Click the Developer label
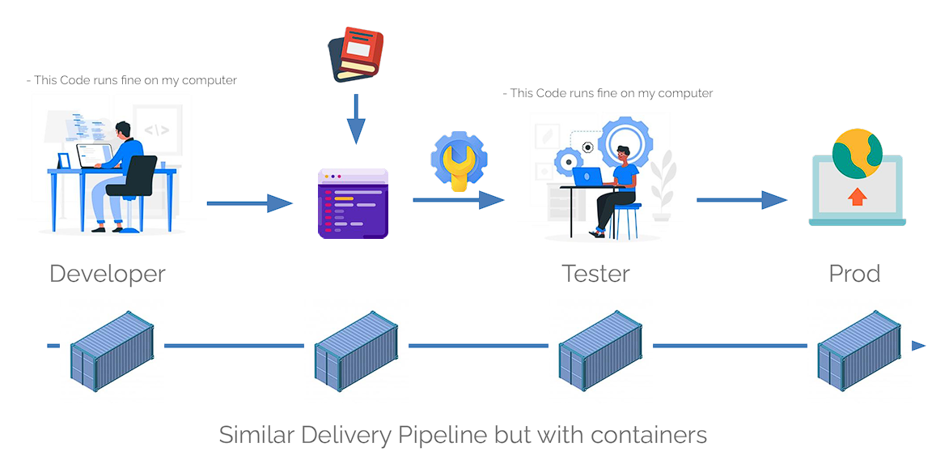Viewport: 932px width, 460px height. pos(108,274)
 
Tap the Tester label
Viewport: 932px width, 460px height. pos(595,274)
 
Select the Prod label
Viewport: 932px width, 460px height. pos(854,274)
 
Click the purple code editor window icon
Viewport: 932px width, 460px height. pos(353,204)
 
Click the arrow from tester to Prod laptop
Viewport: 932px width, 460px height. pos(741,200)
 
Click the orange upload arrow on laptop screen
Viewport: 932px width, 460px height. pos(857,196)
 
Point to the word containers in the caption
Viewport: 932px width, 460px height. pos(649,435)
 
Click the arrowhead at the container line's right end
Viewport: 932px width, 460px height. pos(918,346)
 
